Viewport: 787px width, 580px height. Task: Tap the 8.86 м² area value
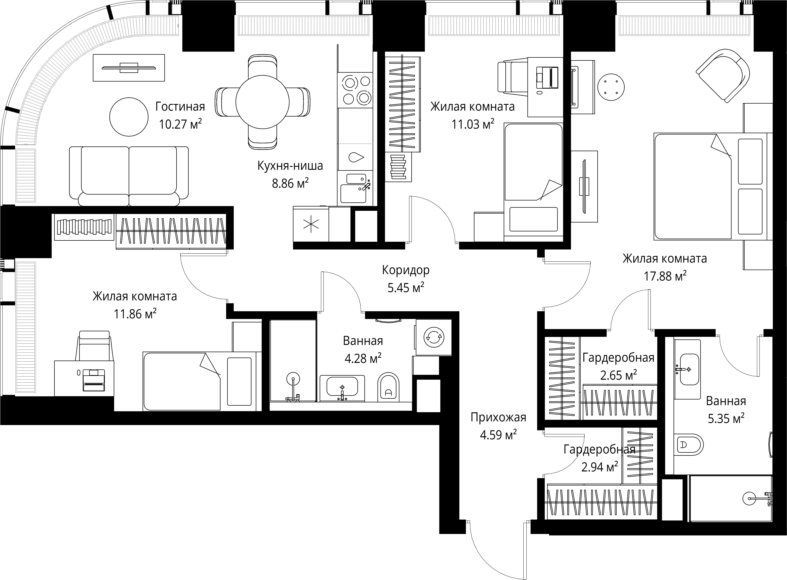(x=290, y=183)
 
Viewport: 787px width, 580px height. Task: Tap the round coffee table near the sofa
(x=129, y=117)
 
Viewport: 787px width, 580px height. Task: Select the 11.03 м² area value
(x=473, y=124)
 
